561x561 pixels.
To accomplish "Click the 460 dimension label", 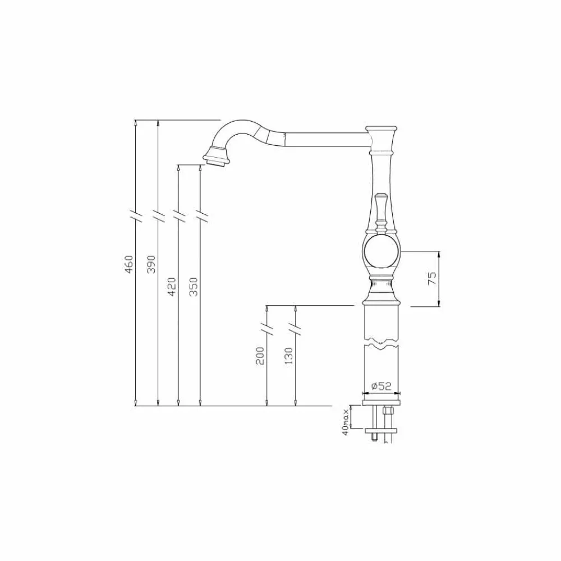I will point(128,264).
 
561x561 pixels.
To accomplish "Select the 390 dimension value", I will point(150,264).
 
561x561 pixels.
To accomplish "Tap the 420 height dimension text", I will point(172,286).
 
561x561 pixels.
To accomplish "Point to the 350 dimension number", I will point(194,286).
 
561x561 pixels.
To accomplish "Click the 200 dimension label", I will point(260,356).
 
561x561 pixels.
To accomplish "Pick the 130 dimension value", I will point(289,356).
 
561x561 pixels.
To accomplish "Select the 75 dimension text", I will point(432,278).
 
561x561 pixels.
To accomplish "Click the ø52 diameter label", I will point(381,386).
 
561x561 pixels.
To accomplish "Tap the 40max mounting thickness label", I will point(346,421).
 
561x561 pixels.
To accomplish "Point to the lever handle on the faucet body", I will point(381,210).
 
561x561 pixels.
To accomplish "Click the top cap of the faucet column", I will point(383,129).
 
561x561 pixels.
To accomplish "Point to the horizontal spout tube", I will point(325,137).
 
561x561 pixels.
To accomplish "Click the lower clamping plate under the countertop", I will point(381,431).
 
